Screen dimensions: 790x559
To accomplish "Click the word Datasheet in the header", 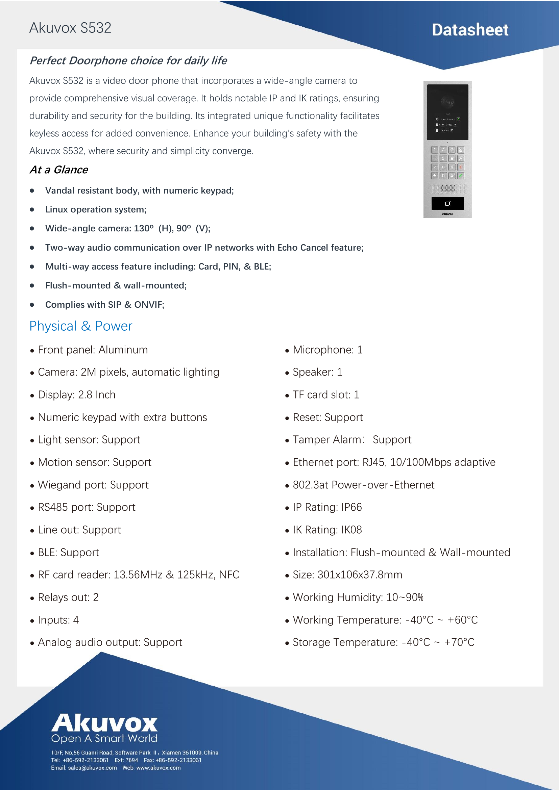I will [x=470, y=30].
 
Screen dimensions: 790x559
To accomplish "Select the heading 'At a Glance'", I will [x=59, y=170].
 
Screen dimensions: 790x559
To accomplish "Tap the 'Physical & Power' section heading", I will [x=80, y=326].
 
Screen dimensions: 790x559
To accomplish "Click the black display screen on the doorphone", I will [x=447, y=112].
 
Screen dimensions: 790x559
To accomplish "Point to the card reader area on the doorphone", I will [x=447, y=203].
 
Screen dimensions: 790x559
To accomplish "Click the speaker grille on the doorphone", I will [x=447, y=188].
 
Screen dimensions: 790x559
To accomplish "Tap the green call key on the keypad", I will [x=461, y=176].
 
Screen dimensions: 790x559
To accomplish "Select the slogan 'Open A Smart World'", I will [x=104, y=738].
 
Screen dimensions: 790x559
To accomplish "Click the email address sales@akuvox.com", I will [x=92, y=768].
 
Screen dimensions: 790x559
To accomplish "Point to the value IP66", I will [x=351, y=507].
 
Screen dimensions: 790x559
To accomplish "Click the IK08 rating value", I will [x=351, y=530].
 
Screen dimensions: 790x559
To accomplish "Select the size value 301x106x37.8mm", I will [x=360, y=575].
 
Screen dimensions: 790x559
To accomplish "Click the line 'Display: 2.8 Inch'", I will [x=77, y=394].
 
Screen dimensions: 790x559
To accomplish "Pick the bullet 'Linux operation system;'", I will [x=96, y=209].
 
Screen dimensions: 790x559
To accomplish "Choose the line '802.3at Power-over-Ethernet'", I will [x=364, y=485].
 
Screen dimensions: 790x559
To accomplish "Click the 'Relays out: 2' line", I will [x=68, y=597].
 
